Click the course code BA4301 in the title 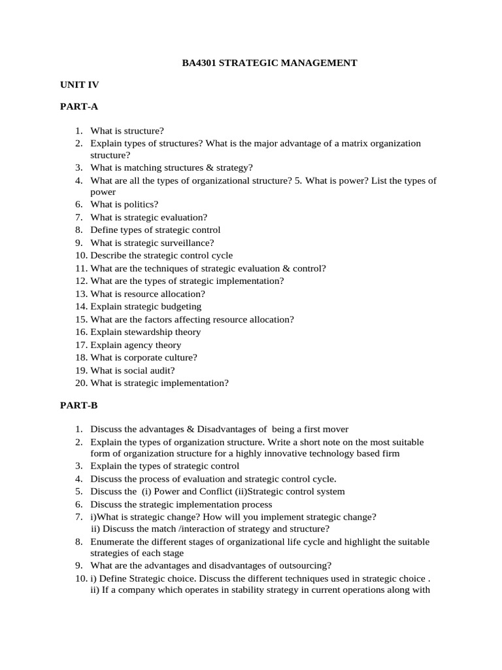[x=199, y=63]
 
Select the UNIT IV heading [x=80, y=84]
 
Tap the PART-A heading [x=79, y=106]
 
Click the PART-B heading [x=79, y=405]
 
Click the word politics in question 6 [x=136, y=204]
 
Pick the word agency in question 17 [x=135, y=345]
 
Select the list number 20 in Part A [x=80, y=383]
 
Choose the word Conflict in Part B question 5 [x=205, y=491]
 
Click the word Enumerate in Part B [x=113, y=542]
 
